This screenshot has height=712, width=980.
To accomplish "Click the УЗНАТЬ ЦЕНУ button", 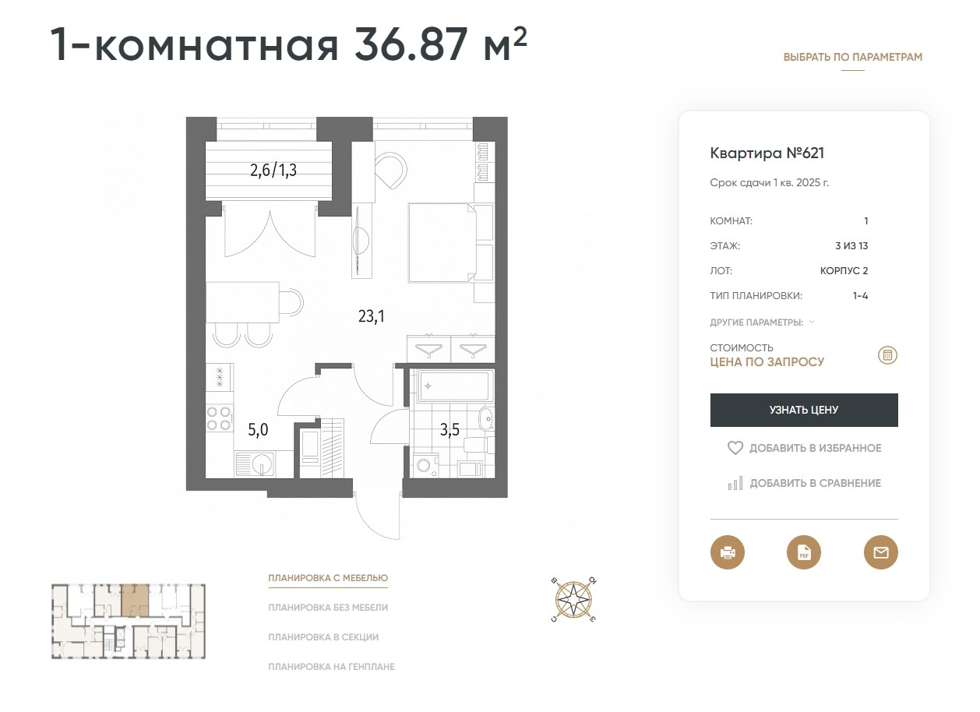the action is (804, 410).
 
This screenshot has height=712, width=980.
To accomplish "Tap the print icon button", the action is (727, 552).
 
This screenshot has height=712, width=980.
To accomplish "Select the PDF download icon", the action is (804, 552).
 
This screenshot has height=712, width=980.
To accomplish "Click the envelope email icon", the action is (881, 552).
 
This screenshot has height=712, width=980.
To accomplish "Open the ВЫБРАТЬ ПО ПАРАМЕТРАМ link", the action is (853, 58).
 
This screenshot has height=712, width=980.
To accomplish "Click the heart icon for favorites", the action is (735, 448).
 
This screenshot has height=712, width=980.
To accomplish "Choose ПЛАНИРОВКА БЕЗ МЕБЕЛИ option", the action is (328, 608).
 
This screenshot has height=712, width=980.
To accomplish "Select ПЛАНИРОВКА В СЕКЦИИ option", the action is (323, 637).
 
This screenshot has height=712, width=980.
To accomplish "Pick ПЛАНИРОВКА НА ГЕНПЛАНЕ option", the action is (331, 667).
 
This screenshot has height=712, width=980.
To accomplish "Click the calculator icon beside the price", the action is (887, 355).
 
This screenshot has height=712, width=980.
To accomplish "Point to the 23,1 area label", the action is (371, 316).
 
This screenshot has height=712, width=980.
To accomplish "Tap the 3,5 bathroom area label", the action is (449, 430).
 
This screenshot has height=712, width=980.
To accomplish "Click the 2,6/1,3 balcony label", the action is (273, 170).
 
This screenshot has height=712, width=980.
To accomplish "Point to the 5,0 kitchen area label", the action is (258, 430).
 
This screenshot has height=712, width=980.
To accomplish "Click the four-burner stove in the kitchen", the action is (219, 418).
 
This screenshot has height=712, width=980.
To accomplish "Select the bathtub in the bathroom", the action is (453, 386).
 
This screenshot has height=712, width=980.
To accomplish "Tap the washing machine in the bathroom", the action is (425, 465).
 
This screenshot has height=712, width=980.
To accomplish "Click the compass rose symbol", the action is (573, 600).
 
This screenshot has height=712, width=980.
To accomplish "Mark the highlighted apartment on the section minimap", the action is (136, 600).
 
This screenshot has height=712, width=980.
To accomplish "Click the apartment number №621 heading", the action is (767, 153).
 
